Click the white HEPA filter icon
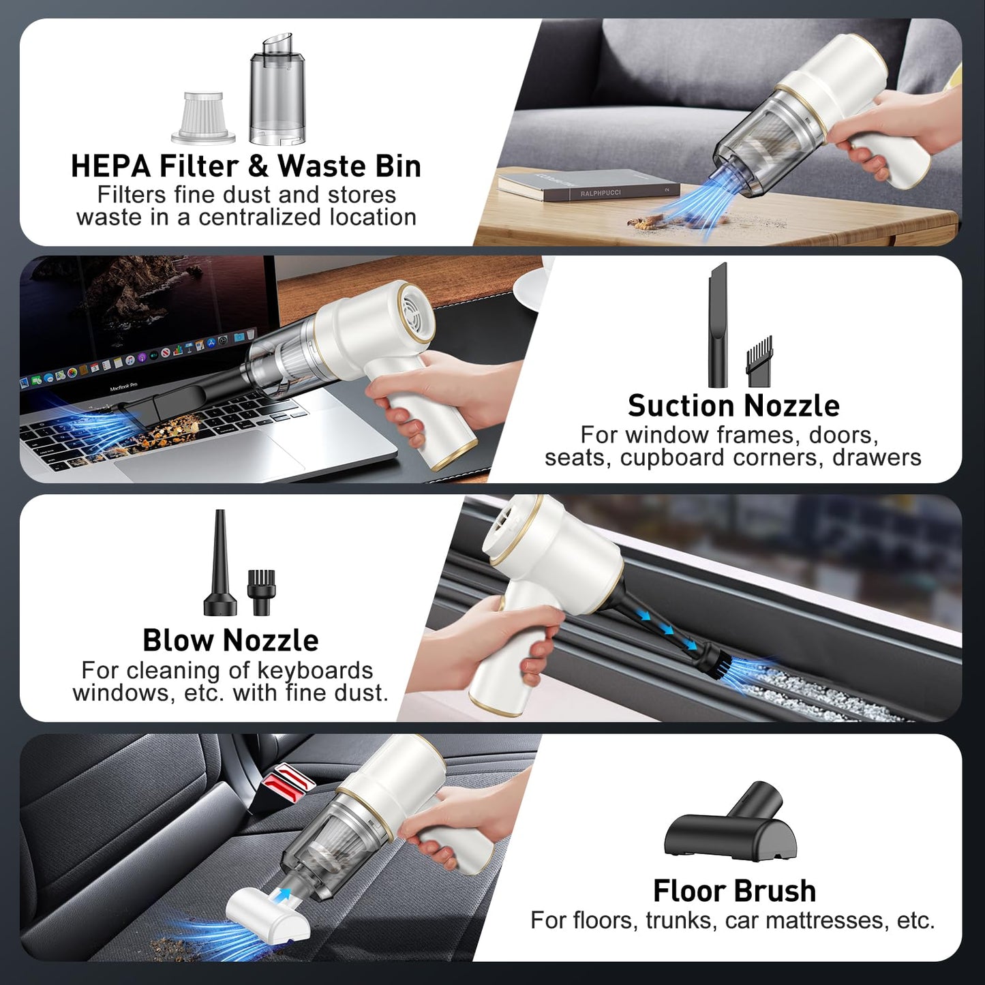pos(203,117)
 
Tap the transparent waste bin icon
pos(277,89)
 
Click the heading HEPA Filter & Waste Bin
pos(245,166)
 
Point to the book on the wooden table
pos(588,184)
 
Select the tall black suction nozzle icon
pos(717,325)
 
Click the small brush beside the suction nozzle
pos(759,361)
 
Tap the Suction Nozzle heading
pos(733,406)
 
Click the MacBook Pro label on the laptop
pos(123,387)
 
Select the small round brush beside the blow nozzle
pos(261,592)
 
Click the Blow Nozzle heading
pos(230,640)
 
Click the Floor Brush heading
pos(734,890)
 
